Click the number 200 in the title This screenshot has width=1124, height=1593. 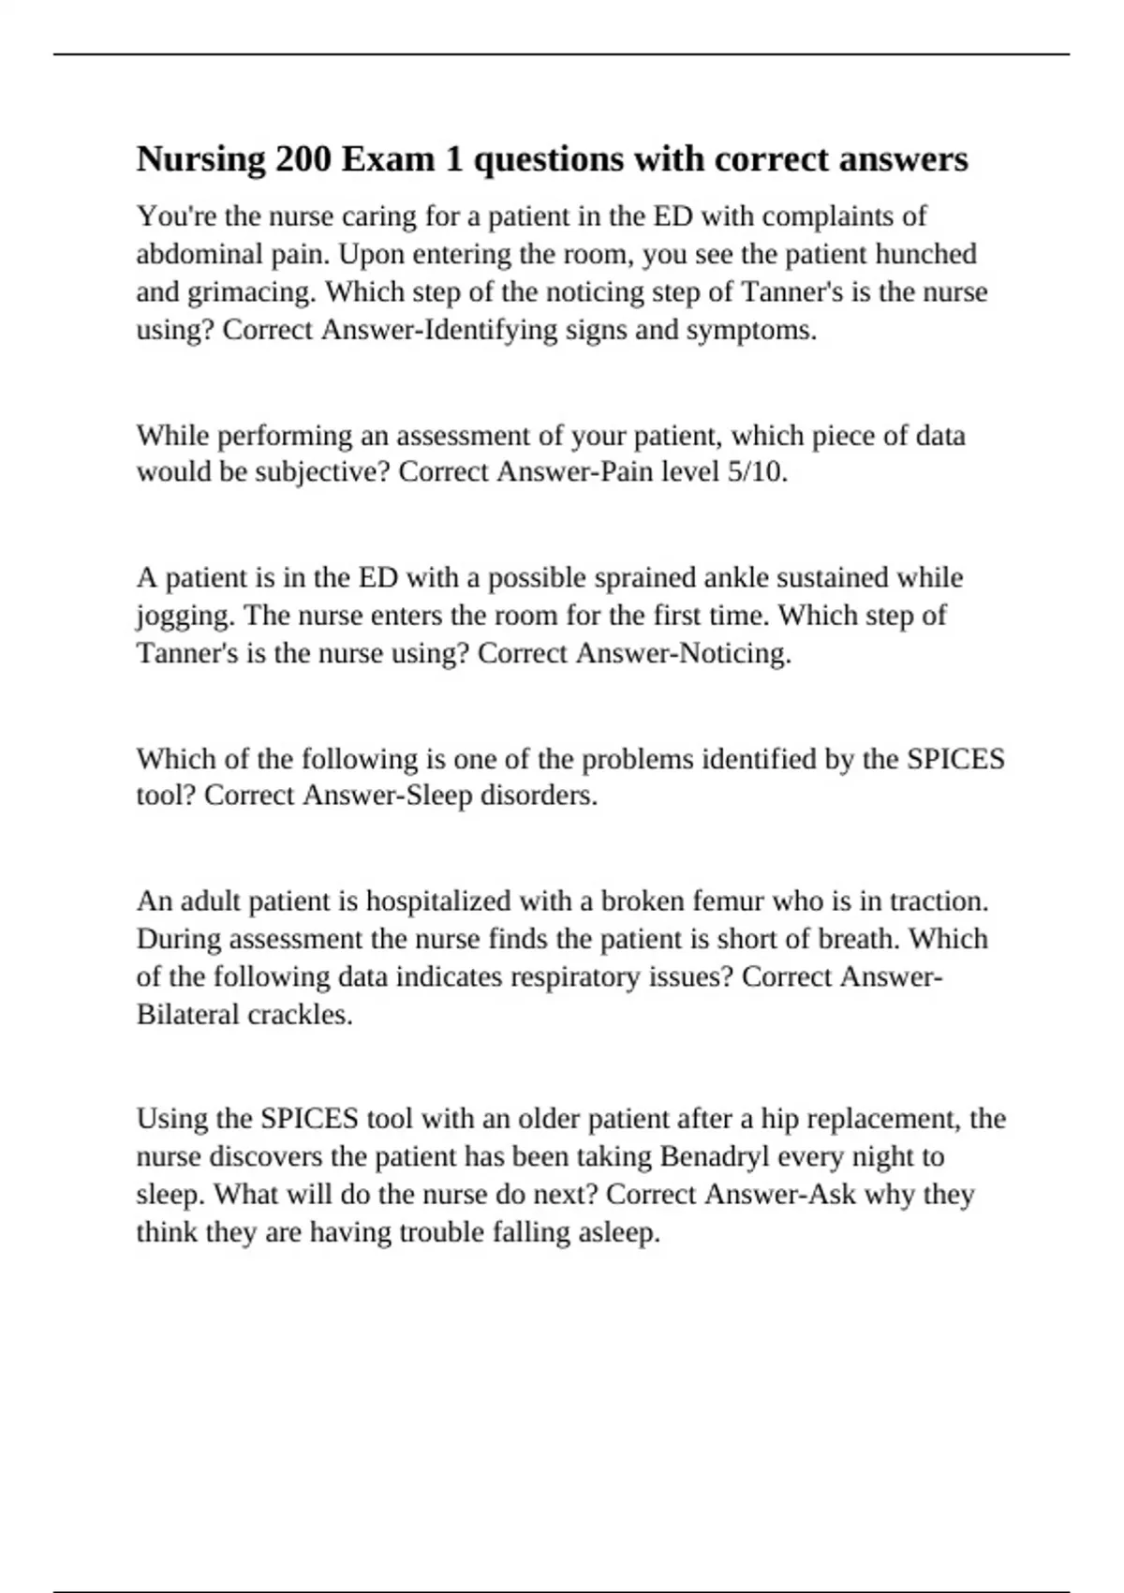pos(303,159)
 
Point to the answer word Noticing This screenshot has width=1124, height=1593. pos(734,653)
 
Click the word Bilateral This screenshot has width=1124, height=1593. pos(188,1015)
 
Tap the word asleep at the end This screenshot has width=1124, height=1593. pos(619,1232)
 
